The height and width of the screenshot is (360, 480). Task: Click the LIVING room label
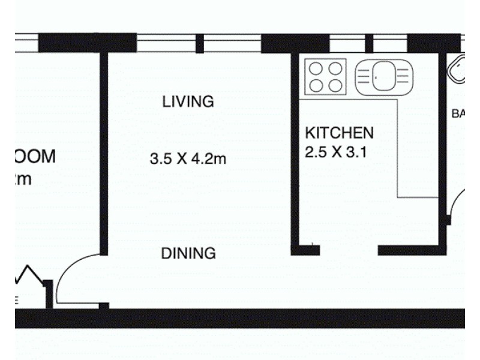pyautogui.click(x=188, y=101)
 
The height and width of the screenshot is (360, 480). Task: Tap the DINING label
pyautogui.click(x=188, y=254)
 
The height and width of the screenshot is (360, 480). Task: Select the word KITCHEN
pyautogui.click(x=339, y=133)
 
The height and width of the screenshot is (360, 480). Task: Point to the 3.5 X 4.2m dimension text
pyautogui.click(x=188, y=160)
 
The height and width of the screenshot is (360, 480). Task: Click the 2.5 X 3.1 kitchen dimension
pyautogui.click(x=335, y=152)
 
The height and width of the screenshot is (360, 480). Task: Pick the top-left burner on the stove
pyautogui.click(x=317, y=68)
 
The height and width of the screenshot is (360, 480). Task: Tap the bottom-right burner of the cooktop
pyautogui.click(x=335, y=85)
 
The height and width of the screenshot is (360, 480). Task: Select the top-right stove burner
pyautogui.click(x=335, y=68)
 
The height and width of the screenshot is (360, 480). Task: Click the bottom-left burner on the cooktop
pyautogui.click(x=317, y=85)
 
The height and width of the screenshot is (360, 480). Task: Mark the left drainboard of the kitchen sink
pyautogui.click(x=364, y=77)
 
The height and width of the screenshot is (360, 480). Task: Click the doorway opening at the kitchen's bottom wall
pyautogui.click(x=349, y=250)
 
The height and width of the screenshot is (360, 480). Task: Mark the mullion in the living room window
pyautogui.click(x=200, y=44)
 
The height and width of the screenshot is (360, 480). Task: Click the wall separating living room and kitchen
pyautogui.click(x=295, y=150)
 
